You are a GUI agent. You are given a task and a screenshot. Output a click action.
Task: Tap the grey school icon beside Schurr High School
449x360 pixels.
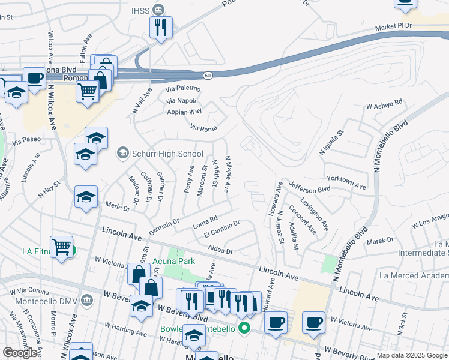click(123, 153)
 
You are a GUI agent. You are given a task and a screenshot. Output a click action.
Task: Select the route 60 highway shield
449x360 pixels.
click(206, 75)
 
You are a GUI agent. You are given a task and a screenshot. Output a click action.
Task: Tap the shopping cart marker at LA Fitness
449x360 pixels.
click(62, 246)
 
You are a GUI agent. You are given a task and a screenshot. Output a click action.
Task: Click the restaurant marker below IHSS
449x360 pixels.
click(160, 26)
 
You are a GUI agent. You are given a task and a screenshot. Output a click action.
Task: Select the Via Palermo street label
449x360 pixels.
click(183, 89)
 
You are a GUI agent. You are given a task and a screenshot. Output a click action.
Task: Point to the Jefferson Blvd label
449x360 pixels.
click(310, 187)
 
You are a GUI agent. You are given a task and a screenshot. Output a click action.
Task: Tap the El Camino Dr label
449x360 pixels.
click(221, 228)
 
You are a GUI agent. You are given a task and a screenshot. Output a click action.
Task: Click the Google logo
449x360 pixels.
click(20, 353)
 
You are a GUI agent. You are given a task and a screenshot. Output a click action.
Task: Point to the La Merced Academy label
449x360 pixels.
click(414, 275)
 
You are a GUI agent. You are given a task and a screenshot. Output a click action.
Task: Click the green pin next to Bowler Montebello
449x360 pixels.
click(244, 328)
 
